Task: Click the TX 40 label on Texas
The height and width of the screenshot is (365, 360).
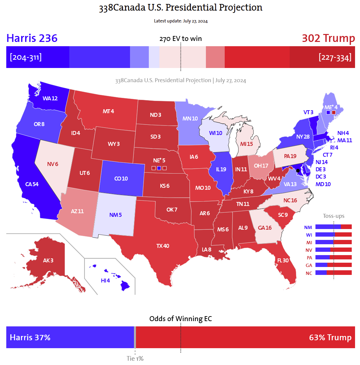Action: tap(163, 246)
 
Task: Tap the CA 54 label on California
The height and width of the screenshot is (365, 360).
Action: tap(32, 184)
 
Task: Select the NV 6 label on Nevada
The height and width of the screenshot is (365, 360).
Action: tap(52, 164)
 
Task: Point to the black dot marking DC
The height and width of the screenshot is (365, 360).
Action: tap(298, 171)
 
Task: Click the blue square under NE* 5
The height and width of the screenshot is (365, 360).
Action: tap(159, 168)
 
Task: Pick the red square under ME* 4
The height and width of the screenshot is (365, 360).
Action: tap(334, 113)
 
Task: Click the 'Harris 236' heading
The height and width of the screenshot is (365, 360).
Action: tap(32, 38)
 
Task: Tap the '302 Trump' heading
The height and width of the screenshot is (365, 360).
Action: tap(328, 38)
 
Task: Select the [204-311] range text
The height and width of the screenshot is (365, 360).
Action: tap(26, 57)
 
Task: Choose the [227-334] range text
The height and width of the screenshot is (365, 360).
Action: tap(335, 57)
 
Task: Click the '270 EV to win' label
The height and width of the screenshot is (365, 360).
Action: tap(180, 39)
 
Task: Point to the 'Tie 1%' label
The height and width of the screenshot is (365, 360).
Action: tap(135, 358)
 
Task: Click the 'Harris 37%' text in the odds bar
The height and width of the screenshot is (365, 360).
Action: tap(30, 338)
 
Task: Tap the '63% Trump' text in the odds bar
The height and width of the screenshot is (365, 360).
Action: tap(330, 338)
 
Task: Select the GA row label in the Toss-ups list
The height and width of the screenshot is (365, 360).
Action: tap(309, 265)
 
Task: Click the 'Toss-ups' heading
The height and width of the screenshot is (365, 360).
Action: tap(334, 216)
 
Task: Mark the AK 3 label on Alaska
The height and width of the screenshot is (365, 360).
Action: tap(48, 260)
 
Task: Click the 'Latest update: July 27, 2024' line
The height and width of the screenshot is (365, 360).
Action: tap(180, 21)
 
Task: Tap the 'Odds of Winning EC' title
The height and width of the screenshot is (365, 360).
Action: tap(180, 319)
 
